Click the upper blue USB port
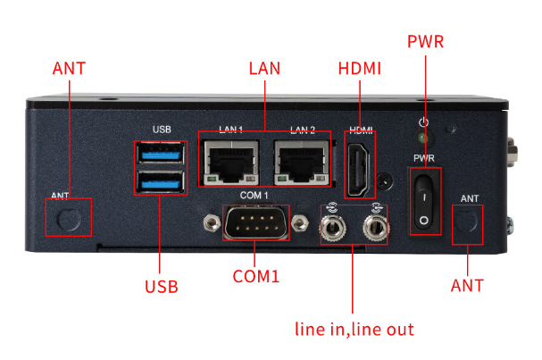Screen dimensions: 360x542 pos(162,155)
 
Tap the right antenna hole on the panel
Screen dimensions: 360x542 pos(467,224)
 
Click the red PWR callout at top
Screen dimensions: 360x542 pos(425,42)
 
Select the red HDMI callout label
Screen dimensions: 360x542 pos(361,68)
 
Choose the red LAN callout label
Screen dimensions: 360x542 pos(263,68)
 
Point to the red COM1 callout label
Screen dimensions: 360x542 pos(256,277)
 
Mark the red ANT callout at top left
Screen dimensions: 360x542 pos(71,69)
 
